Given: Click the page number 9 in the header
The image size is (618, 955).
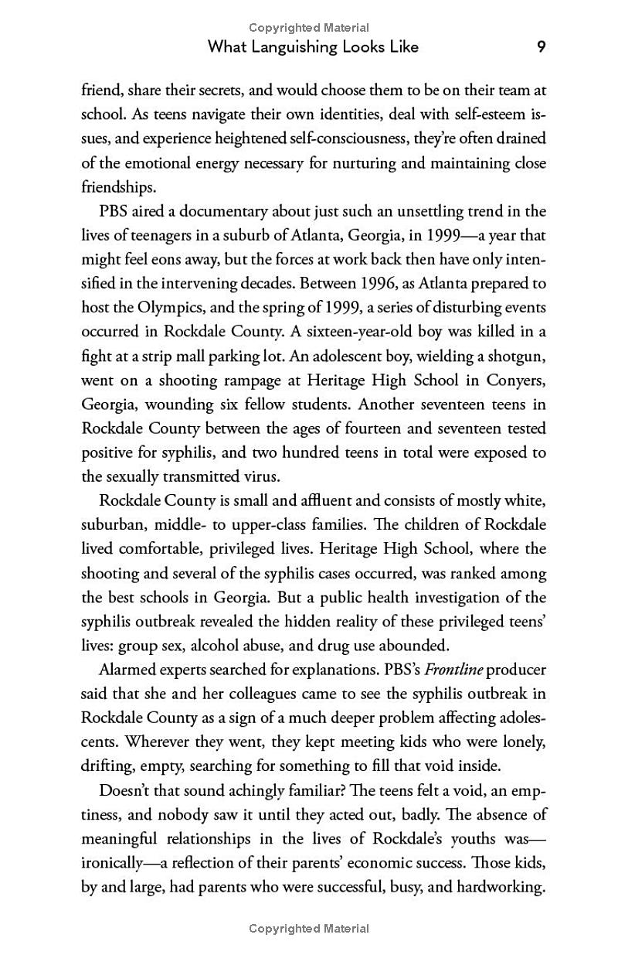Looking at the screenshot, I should point(542,47).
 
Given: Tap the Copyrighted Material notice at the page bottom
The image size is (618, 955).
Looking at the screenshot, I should point(309,928).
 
